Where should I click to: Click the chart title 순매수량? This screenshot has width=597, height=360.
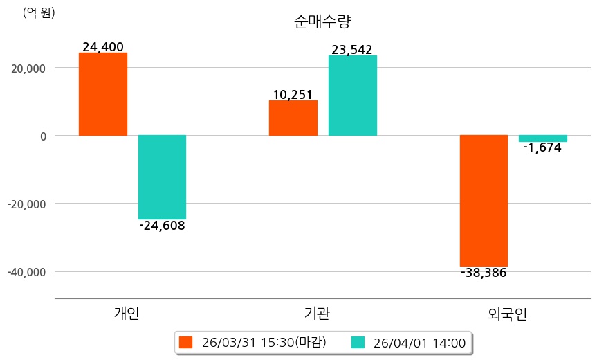pyautogui.click(x=322, y=21)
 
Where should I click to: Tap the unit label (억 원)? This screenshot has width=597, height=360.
pyautogui.click(x=39, y=12)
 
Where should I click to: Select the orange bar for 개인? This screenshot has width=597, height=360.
pyautogui.click(x=103, y=94)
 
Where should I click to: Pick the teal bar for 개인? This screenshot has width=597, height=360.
pyautogui.click(x=162, y=177)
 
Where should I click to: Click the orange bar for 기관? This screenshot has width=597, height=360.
pyautogui.click(x=293, y=118)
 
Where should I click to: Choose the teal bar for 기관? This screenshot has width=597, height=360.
pyautogui.click(x=353, y=96)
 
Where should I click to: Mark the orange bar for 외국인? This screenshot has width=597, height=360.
pyautogui.click(x=484, y=200)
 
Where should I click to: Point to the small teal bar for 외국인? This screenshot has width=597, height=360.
pyautogui.click(x=543, y=138)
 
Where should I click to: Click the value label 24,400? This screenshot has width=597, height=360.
pyautogui.click(x=103, y=47)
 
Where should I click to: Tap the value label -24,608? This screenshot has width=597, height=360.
pyautogui.click(x=162, y=226)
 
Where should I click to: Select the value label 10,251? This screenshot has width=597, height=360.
pyautogui.click(x=293, y=95)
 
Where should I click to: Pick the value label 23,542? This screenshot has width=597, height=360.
pyautogui.click(x=352, y=50)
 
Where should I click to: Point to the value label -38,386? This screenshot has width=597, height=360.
pyautogui.click(x=484, y=273)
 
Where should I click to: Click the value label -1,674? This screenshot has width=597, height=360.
pyautogui.click(x=542, y=147)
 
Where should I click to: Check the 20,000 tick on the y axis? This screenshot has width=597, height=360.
pyautogui.click(x=27, y=68)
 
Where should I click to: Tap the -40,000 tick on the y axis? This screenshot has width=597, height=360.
pyautogui.click(x=26, y=271)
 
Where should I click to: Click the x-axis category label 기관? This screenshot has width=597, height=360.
pyautogui.click(x=317, y=313)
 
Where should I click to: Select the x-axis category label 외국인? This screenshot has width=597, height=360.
pyautogui.click(x=507, y=314)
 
